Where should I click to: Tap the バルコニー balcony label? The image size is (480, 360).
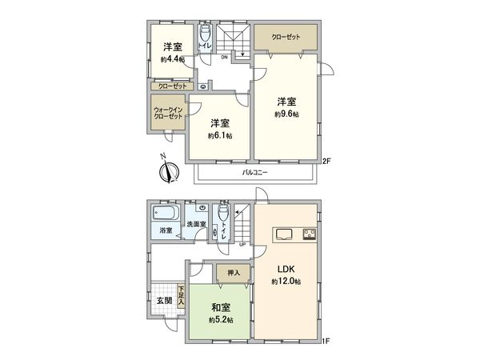(255, 173)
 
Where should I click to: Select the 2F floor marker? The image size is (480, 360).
(326, 162)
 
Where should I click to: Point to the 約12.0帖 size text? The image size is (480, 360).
(286, 282)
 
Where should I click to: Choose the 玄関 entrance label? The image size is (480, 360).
(163, 302)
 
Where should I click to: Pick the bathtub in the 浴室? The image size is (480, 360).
(163, 214)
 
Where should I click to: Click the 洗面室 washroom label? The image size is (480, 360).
(197, 225)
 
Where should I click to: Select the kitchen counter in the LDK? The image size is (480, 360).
(298, 234)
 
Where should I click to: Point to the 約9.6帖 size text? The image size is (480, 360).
(286, 114)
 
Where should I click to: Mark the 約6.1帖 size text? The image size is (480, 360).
(220, 136)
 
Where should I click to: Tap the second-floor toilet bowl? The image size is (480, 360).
(205, 33)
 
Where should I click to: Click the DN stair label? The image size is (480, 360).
(226, 57)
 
